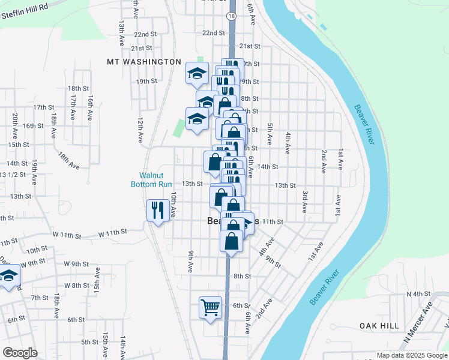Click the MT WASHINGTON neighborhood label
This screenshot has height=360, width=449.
[144, 62]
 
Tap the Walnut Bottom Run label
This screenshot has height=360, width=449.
[152, 180]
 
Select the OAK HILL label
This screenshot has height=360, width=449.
[379, 325]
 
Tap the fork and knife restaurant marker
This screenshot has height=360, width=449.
[158, 210]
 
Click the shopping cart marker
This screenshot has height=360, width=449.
[211, 308]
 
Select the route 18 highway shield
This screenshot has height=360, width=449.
[232, 16]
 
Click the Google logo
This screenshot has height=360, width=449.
[20, 353]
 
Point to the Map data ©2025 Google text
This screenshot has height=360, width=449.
[412, 355]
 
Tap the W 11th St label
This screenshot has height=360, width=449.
[114, 231]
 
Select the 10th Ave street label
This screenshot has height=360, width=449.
[173, 204]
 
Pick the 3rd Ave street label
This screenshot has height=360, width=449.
[305, 202]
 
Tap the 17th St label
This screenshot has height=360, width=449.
[44, 107]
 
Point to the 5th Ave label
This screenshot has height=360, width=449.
[270, 135]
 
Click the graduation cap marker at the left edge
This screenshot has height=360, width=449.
[8, 277]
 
